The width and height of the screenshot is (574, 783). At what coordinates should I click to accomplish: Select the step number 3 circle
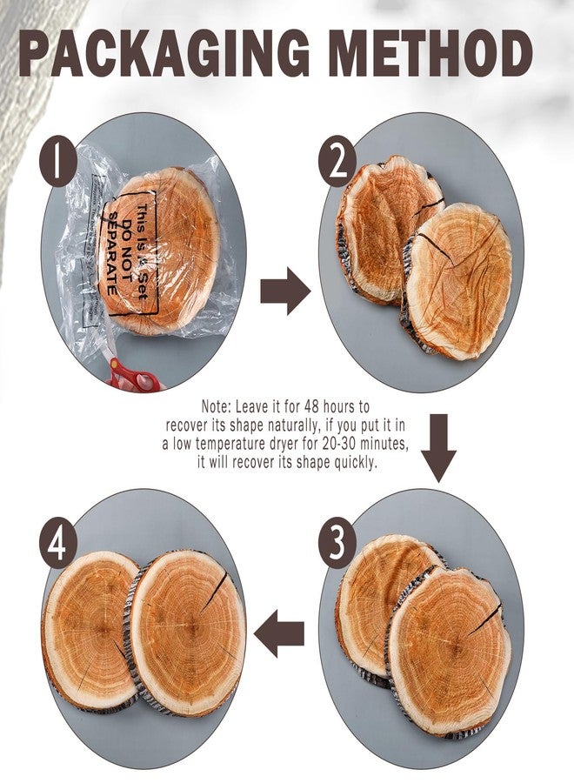(337, 541)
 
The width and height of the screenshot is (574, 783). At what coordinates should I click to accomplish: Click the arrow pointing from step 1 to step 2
(284, 291)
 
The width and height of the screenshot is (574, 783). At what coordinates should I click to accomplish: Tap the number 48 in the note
(310, 406)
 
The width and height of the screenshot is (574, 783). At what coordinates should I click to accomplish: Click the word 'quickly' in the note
(350, 462)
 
